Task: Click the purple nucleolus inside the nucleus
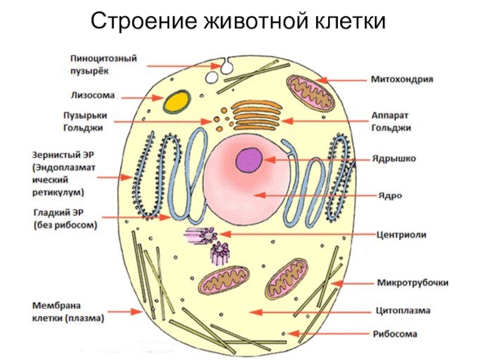tap(248, 160)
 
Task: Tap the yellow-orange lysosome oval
tap(177, 100)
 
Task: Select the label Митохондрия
tap(401, 79)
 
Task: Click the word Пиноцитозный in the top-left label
tap(103, 59)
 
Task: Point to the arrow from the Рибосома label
tap(331, 334)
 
